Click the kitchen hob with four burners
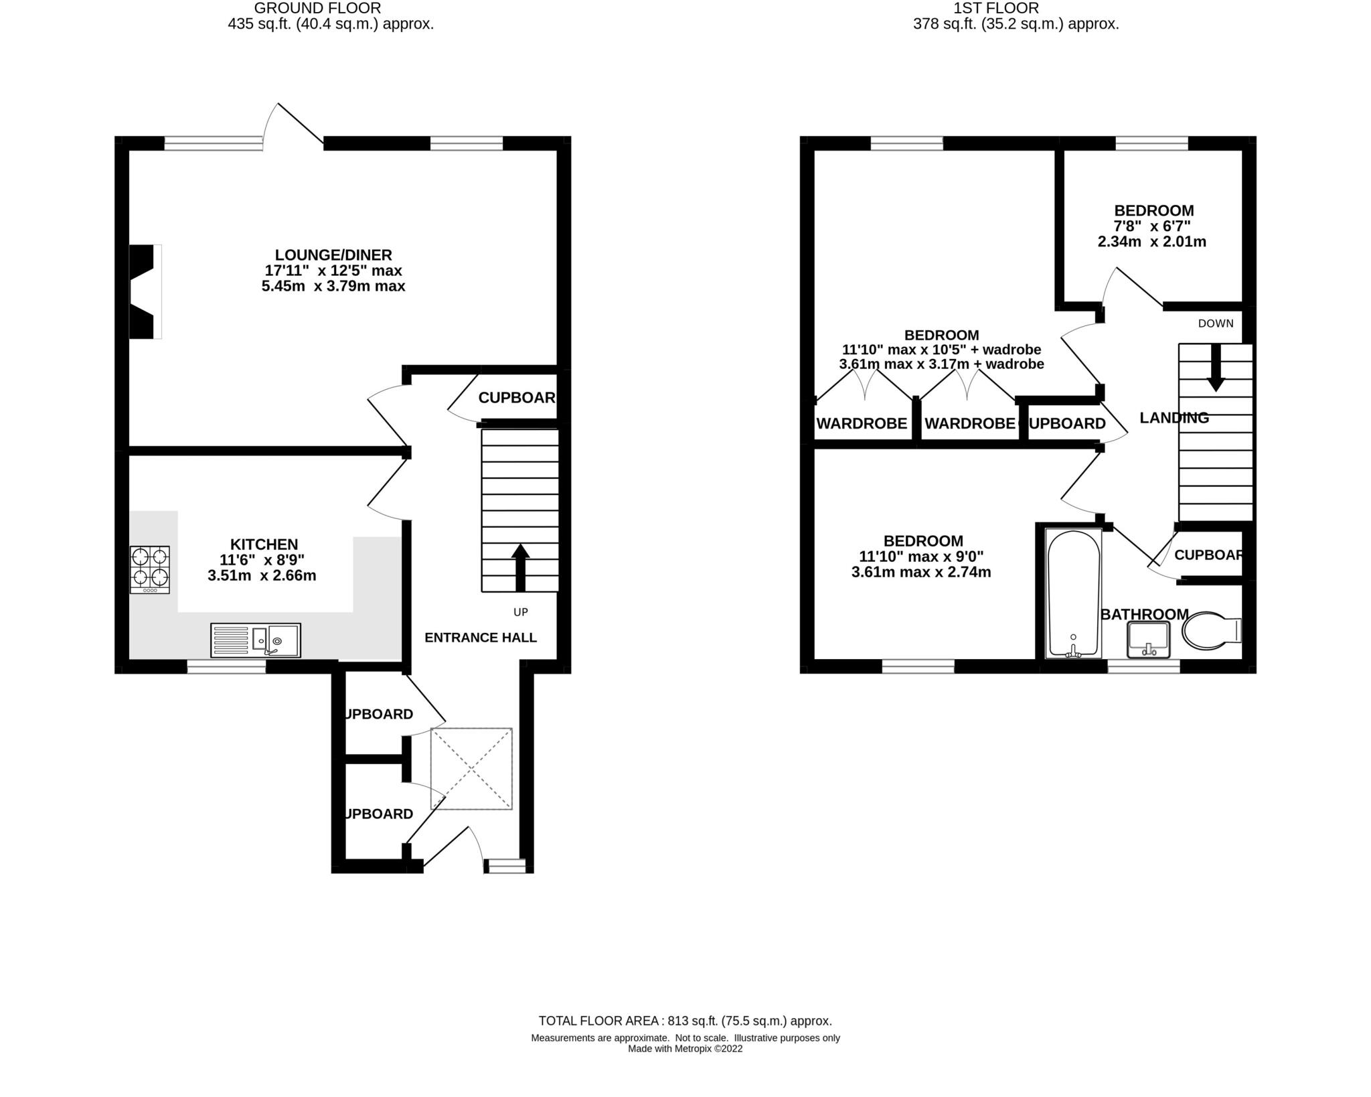150,569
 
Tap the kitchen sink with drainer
256,640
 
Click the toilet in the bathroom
1210,630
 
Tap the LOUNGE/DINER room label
333,254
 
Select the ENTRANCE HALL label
481,638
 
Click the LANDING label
1174,418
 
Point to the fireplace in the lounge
145,291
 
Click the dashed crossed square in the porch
471,768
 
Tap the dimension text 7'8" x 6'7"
1153,226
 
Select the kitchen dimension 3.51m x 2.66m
262,575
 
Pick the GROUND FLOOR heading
317,8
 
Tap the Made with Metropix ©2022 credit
685,1049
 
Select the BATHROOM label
1145,614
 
